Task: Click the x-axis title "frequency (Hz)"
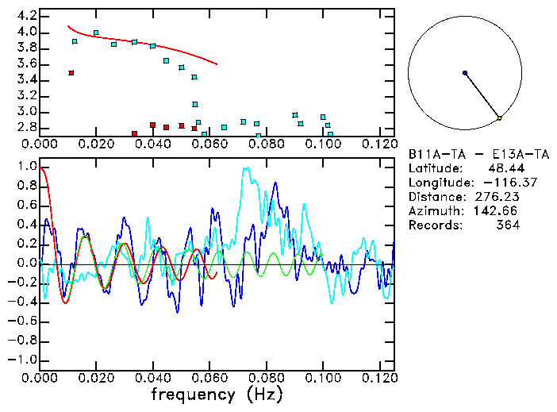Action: [x=218, y=395]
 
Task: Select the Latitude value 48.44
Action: [x=502, y=168]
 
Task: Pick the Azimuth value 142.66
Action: [x=497, y=211]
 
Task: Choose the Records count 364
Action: [x=504, y=225]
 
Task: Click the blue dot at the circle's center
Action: [x=465, y=73]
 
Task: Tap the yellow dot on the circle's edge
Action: [x=499, y=118]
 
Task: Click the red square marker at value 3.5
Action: [x=71, y=73]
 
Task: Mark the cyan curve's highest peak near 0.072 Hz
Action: [x=246, y=168]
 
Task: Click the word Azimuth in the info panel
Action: [x=432, y=211]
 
